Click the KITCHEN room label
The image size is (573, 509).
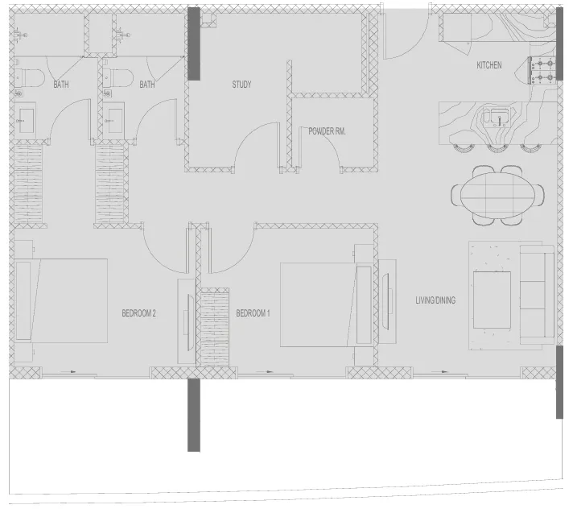[489, 65]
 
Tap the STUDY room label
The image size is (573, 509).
[241, 85]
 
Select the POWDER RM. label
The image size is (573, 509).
[327, 130]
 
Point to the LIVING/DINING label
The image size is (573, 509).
[435, 300]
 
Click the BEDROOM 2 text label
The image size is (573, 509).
[138, 313]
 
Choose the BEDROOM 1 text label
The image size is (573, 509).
[253, 313]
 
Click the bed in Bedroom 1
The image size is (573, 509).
[319, 304]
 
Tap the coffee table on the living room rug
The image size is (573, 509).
[492, 300]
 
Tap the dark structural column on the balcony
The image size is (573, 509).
[193, 415]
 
